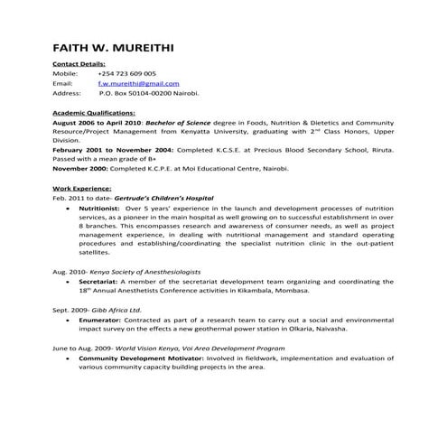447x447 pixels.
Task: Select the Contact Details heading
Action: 79,64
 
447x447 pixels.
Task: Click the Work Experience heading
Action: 85,187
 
